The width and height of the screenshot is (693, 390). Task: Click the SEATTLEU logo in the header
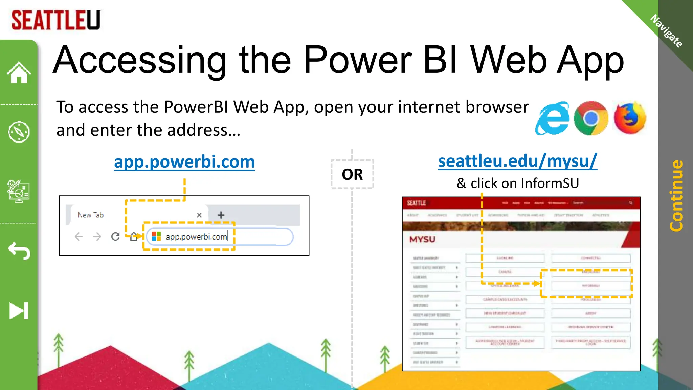point(56,20)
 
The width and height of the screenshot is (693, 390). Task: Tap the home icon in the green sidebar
point(19,72)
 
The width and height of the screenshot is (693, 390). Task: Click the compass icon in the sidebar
point(19,132)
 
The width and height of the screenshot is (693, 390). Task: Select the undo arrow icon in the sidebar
point(19,251)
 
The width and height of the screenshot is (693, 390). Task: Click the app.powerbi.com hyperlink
point(184,162)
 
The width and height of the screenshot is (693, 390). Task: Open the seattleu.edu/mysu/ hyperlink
point(517,161)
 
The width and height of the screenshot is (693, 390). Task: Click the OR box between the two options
point(352,174)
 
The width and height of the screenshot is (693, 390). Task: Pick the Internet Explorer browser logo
point(553,118)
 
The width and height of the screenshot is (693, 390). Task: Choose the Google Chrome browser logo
point(591,118)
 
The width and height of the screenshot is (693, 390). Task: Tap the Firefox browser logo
point(630,118)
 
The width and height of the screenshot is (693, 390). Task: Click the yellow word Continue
point(676,196)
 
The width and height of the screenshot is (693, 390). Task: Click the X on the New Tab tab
point(199,215)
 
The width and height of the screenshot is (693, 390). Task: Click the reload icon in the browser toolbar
point(115,236)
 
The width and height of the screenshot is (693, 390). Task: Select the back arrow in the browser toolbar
point(79,236)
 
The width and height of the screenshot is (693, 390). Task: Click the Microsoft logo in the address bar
point(156,236)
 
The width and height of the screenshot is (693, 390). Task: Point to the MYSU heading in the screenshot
point(422,239)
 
